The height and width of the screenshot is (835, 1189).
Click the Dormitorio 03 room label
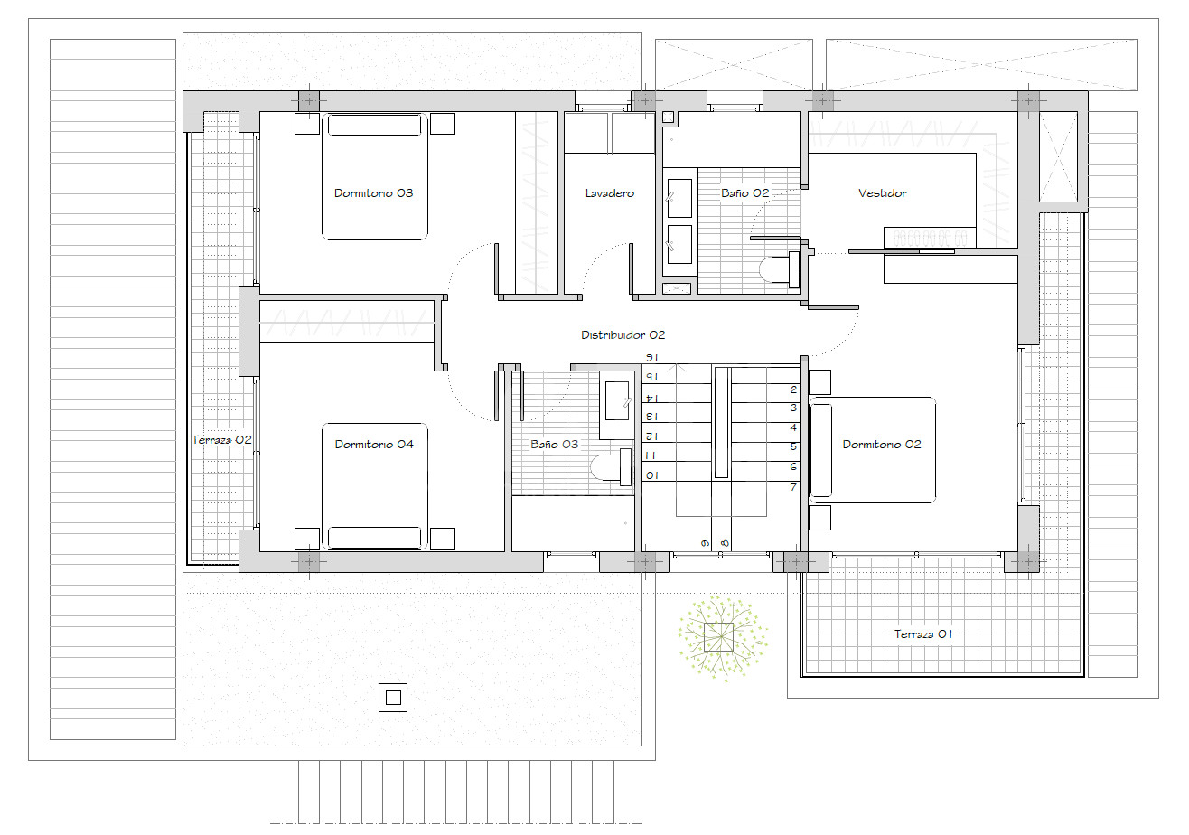tap(373, 193)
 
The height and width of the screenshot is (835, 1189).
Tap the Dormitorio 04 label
tap(374, 445)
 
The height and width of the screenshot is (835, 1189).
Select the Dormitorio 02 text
tap(882, 445)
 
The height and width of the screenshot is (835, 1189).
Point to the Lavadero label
tap(609, 193)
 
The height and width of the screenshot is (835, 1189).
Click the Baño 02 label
tap(744, 193)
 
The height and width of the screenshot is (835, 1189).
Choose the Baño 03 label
tap(554, 445)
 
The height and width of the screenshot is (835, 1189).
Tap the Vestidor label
tap(882, 193)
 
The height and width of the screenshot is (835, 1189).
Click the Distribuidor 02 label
tap(623, 335)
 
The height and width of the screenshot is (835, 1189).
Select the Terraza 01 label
tap(923, 633)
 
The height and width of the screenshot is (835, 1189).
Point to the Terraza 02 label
tap(221, 440)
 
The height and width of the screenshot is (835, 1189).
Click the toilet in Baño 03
tap(611, 467)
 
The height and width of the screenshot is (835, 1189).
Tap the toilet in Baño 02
tap(779, 269)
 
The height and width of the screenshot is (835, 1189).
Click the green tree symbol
tap(722, 638)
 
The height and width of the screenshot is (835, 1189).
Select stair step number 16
tap(651, 358)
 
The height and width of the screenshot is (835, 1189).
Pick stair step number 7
tap(793, 487)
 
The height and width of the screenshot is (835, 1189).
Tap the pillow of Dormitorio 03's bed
tap(374, 126)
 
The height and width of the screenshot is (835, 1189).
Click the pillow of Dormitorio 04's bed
tap(374, 537)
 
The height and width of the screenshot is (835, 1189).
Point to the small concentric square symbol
tap(393, 698)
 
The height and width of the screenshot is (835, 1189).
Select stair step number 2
tap(793, 389)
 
